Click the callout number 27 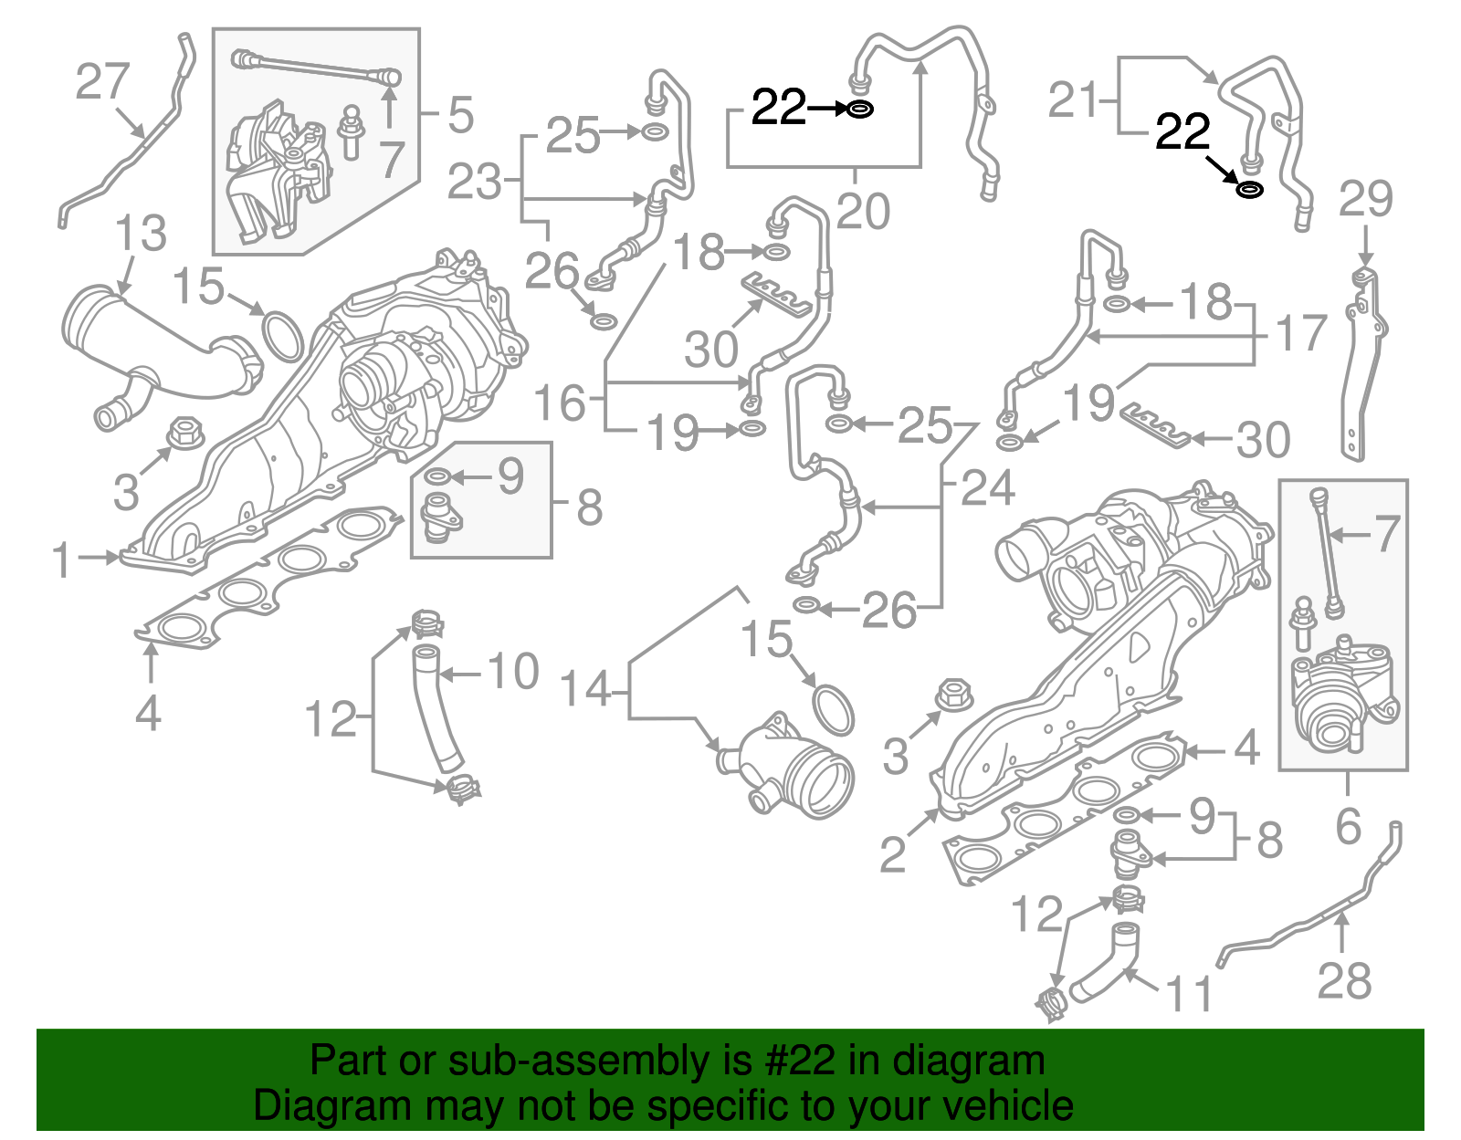[x=102, y=82]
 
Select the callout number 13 [x=141, y=234]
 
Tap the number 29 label [x=1365, y=200]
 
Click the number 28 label [x=1344, y=981]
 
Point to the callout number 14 [x=584, y=689]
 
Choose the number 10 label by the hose [x=513, y=673]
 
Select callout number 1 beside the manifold [x=62, y=560]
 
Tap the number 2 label [x=892, y=854]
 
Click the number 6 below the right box [x=1348, y=826]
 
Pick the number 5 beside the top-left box [x=460, y=116]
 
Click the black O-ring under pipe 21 [x=1249, y=190]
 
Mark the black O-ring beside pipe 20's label [x=859, y=110]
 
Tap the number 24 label [x=988, y=489]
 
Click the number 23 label [x=475, y=183]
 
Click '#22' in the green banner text [x=794, y=1062]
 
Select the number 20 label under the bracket [x=862, y=213]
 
